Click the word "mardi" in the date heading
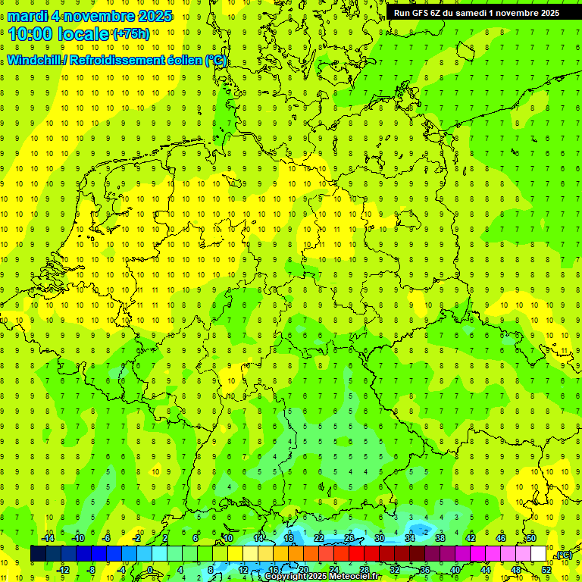28,16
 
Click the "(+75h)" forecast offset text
131,34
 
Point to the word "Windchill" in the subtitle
35,61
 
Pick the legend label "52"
546,570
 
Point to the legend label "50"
531,538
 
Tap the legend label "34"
410,538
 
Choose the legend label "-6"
107,538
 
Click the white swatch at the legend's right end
538,554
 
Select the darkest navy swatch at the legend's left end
38,554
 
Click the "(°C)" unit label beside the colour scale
564,555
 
